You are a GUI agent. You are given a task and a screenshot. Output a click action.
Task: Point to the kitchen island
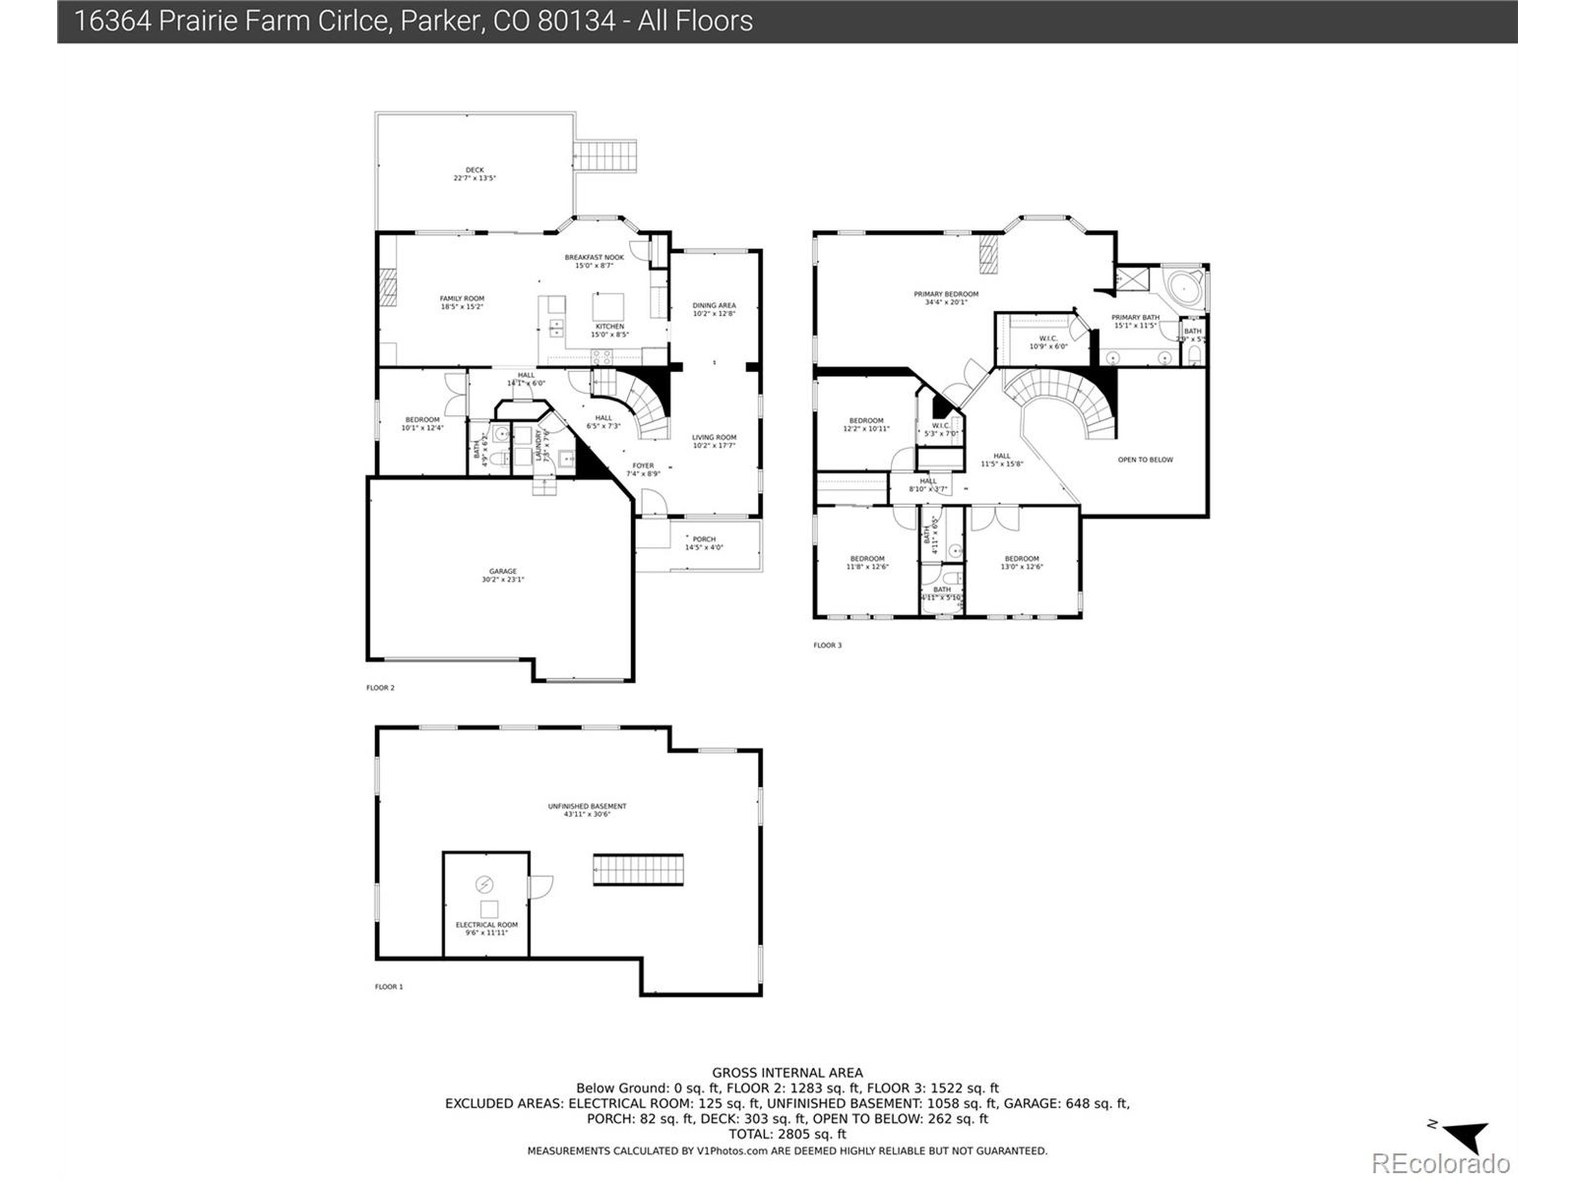point(608,307)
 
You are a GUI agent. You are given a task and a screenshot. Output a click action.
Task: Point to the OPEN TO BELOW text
point(1145,460)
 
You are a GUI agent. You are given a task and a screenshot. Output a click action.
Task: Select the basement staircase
point(638,870)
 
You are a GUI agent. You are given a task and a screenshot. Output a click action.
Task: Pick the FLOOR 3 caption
point(827,646)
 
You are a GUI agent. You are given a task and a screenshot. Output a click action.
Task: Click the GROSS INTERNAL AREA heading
point(787,1073)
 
